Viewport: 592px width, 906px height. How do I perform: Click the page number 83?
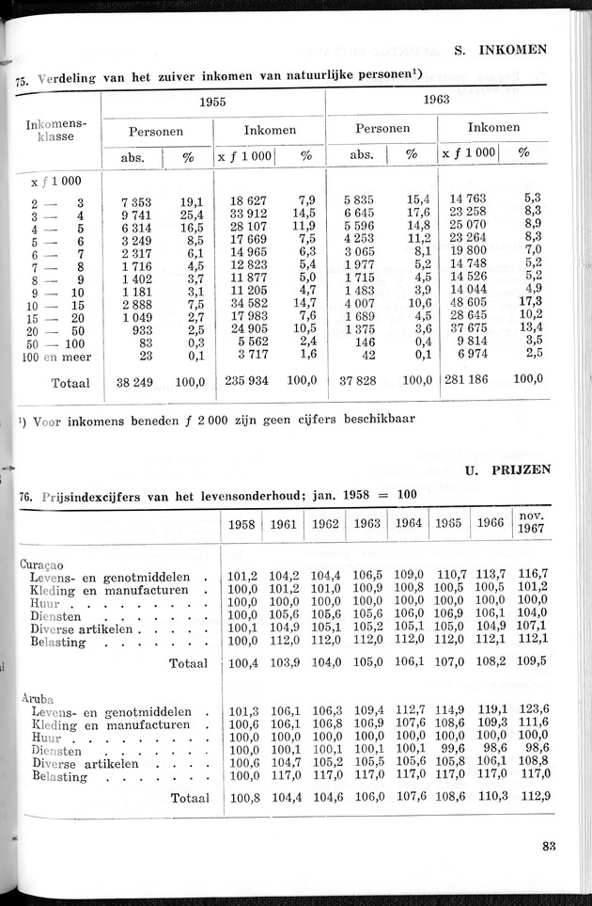click(549, 845)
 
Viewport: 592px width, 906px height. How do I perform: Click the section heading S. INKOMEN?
click(500, 50)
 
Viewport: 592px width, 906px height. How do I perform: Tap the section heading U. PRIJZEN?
click(506, 468)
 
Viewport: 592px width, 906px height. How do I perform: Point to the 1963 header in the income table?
click(435, 99)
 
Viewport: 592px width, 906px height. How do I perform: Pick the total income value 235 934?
click(246, 382)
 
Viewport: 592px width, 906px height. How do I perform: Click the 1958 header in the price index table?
click(242, 525)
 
